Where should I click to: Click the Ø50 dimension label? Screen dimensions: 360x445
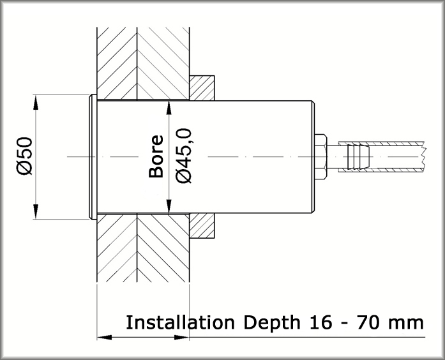tap(25, 156)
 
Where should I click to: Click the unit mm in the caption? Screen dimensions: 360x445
tap(408, 323)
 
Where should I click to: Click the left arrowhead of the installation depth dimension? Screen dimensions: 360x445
tap(103, 336)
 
